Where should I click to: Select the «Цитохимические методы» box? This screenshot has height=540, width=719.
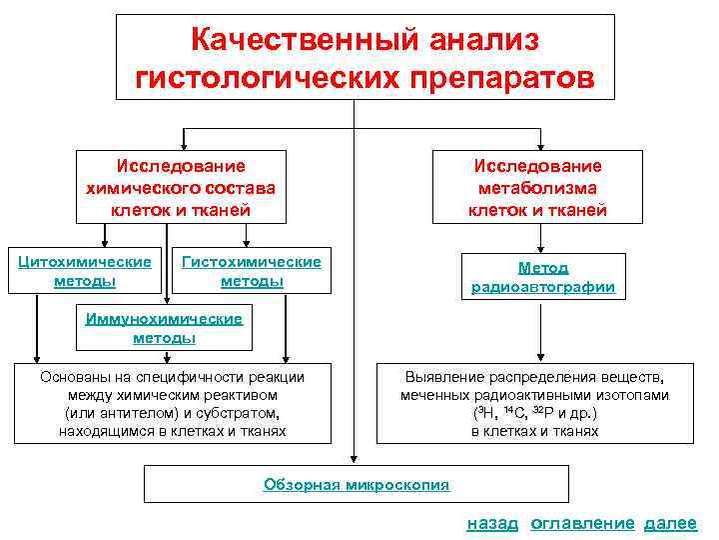85,271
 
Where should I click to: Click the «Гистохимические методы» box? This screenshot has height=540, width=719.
251,271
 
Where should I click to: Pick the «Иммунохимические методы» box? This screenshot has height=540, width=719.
164,328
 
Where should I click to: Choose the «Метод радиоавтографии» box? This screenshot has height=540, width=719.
543,277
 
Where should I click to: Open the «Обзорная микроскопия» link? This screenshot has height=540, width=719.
357,485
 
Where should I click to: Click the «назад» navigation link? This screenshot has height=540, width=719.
492,523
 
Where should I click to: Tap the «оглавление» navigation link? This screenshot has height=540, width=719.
582,523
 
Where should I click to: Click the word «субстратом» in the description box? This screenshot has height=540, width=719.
235,413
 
